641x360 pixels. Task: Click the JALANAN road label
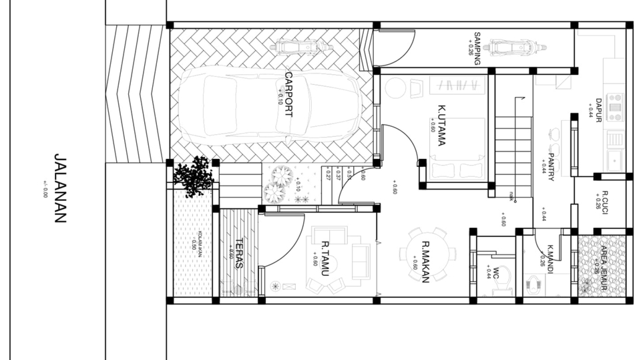[60, 188]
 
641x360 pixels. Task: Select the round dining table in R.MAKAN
[428, 254]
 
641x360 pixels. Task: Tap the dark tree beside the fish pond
[194, 176]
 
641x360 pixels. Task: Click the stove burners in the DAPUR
[614, 106]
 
